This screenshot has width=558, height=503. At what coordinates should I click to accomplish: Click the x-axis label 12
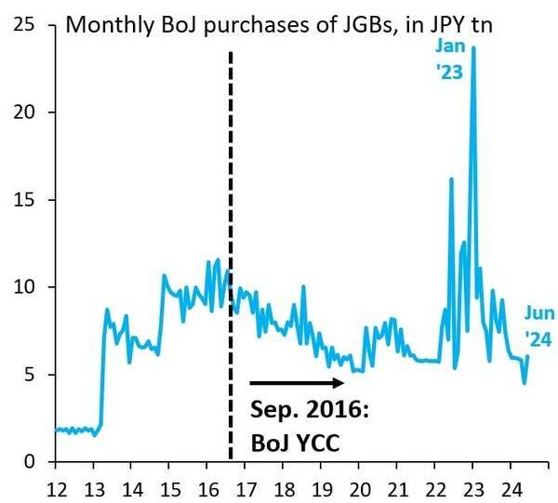56,487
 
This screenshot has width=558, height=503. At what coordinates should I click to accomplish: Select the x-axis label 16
208,487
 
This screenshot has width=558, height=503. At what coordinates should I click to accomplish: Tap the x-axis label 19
323,487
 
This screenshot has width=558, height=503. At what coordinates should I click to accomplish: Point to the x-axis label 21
399,487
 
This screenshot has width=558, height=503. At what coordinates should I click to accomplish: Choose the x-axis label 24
513,487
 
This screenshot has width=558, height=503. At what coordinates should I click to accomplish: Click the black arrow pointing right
302,381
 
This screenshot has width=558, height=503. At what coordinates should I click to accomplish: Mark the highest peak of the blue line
473,48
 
